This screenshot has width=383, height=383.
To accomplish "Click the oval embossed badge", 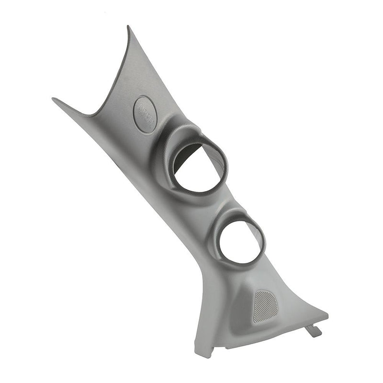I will click(x=145, y=113).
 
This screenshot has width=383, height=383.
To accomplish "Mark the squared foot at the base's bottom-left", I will click(x=203, y=352).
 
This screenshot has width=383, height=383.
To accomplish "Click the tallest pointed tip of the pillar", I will click(x=128, y=27).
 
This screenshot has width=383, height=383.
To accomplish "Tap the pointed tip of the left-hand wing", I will click(x=54, y=100).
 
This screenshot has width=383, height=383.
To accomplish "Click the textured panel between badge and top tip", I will click(x=132, y=77).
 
